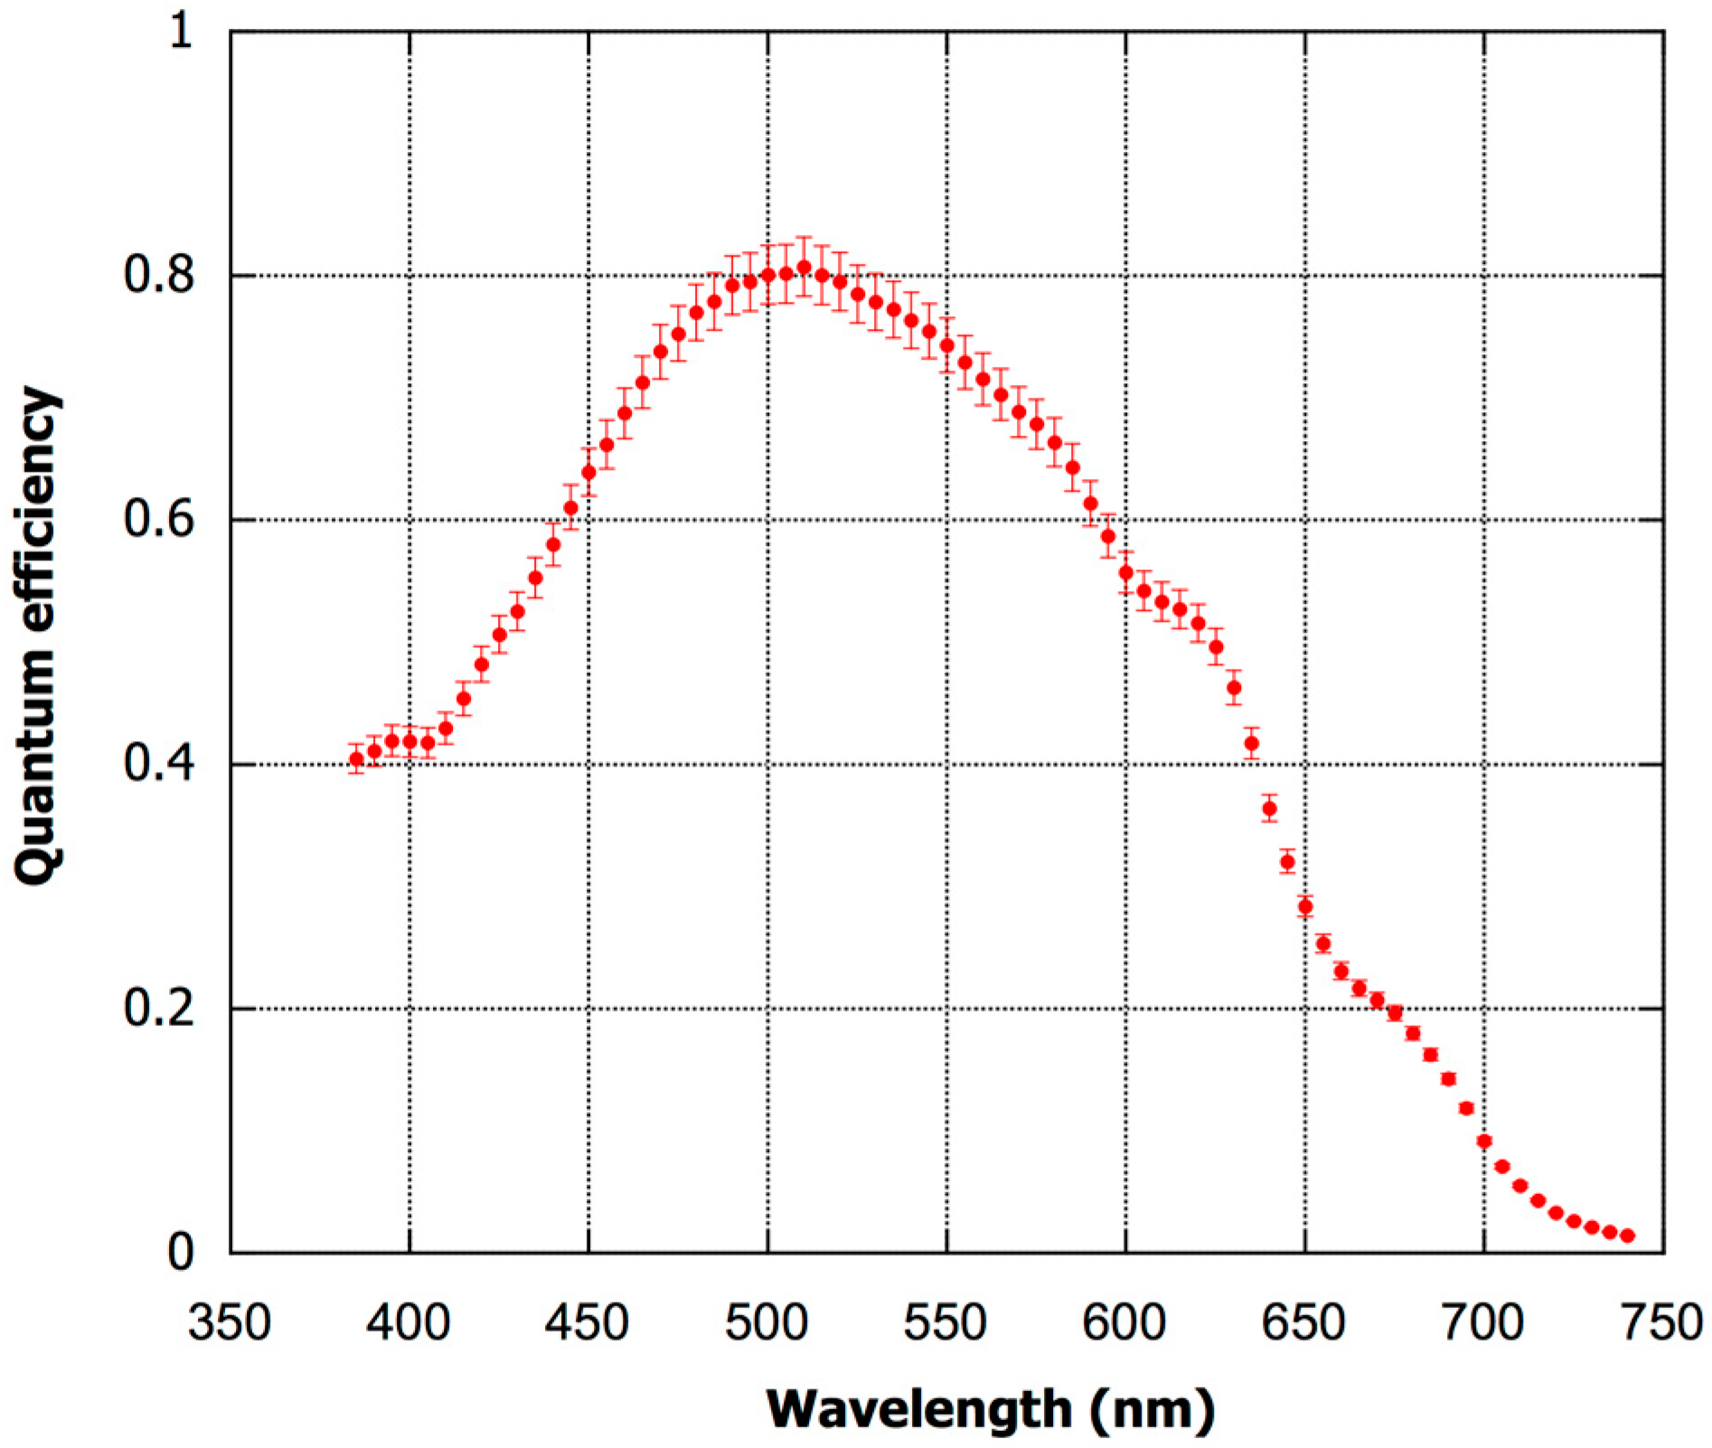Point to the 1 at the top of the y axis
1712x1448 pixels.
click(x=181, y=32)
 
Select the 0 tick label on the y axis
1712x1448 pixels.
click(x=181, y=1252)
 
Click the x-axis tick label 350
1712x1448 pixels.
click(x=229, y=1323)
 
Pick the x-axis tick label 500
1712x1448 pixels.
click(x=767, y=1323)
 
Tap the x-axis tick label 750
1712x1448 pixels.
click(x=1661, y=1323)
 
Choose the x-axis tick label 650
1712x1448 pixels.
click(x=1303, y=1323)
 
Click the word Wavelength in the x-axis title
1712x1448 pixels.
click(x=918, y=1408)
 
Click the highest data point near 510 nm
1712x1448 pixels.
click(x=804, y=268)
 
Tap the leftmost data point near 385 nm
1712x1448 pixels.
click(x=356, y=759)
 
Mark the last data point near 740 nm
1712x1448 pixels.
click(x=1627, y=1236)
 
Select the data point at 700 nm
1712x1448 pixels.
click(x=1484, y=1142)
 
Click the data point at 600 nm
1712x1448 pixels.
click(x=1125, y=572)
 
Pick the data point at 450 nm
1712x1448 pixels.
click(x=588, y=472)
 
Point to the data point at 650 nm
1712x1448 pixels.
click(x=1304, y=907)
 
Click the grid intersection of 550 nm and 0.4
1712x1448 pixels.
click(x=946, y=765)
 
